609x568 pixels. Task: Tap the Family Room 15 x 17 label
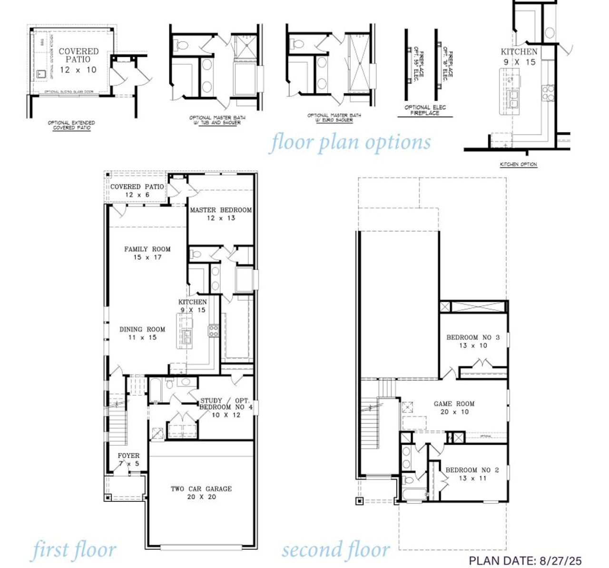[x=147, y=253]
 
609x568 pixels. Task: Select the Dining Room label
[x=142, y=333]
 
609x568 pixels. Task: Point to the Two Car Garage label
[x=201, y=492]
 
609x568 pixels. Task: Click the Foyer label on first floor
[x=128, y=459]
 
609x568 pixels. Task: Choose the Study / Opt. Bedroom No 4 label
[x=226, y=408]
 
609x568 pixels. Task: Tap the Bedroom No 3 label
[x=473, y=341]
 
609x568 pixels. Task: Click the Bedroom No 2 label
[x=472, y=474]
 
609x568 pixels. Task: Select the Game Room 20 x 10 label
[x=454, y=408]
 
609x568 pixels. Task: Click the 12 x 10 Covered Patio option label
[x=79, y=60]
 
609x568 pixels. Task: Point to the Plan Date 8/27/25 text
[x=525, y=561]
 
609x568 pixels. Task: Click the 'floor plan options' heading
[x=351, y=142]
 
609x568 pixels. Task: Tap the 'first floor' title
[x=74, y=549]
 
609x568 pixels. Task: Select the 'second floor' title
[x=336, y=549]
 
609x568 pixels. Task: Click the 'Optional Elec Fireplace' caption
[x=425, y=110]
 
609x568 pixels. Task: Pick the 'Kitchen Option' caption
[x=518, y=165]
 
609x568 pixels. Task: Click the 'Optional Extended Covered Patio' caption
[x=71, y=126]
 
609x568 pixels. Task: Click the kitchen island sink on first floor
[x=187, y=336]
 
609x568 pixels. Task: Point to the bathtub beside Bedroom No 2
[x=413, y=493]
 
